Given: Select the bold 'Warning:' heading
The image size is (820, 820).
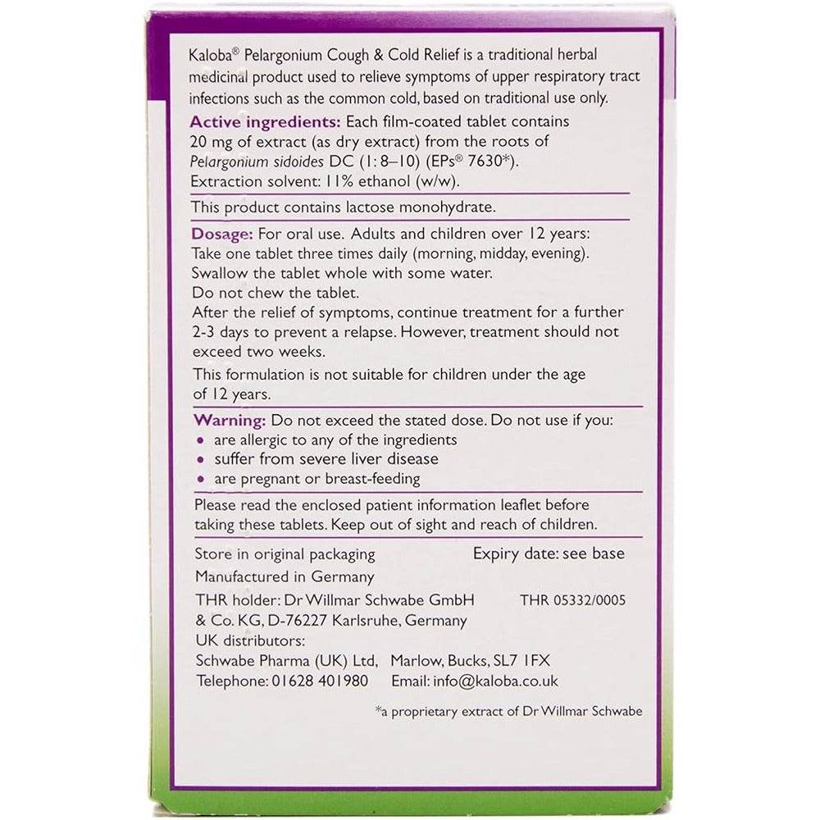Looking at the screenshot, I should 229,420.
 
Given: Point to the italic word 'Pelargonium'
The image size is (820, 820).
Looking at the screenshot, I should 231,160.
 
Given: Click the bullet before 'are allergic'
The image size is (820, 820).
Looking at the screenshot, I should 200,440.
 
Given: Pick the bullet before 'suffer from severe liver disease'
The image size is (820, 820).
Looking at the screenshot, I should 200,460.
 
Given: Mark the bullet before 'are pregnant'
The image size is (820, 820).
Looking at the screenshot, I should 200,480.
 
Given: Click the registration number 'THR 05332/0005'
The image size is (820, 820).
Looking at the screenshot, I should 572,600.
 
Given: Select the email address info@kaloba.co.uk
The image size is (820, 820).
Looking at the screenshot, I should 492,681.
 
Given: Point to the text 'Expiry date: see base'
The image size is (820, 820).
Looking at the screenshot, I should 549,553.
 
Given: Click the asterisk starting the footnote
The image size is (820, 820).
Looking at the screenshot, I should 379,709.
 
